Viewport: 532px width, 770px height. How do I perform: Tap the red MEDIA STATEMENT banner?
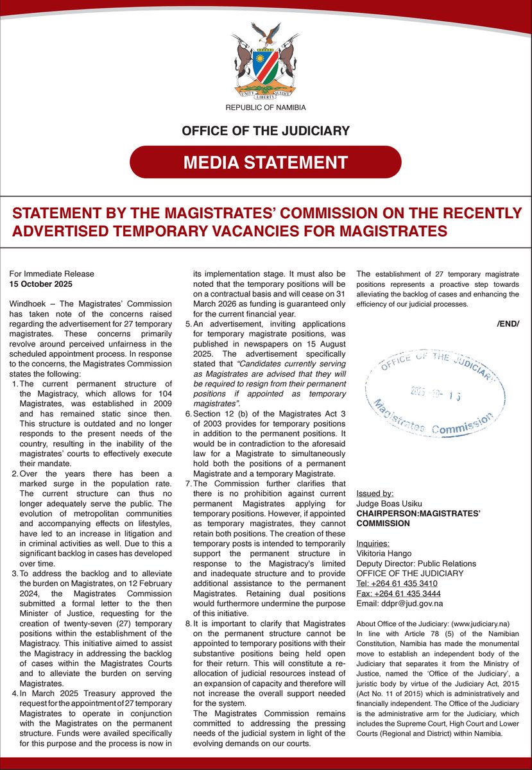pyautogui.click(x=266, y=162)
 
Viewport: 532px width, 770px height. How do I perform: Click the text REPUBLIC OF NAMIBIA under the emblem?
pyautogui.click(x=266, y=108)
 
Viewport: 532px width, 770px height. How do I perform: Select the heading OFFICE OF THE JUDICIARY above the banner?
pyautogui.click(x=266, y=131)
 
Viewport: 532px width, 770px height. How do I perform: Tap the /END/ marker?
pyautogui.click(x=508, y=323)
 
